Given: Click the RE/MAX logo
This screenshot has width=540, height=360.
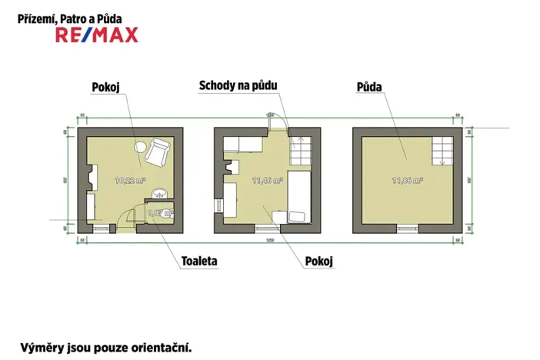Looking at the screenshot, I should click(x=97, y=34).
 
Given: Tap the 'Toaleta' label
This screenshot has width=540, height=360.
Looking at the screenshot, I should click(x=199, y=261).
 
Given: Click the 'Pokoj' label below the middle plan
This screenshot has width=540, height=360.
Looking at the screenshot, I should click(x=318, y=261).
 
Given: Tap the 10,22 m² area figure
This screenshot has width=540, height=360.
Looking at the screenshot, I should click(x=128, y=182).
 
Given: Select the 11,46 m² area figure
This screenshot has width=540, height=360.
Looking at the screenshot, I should click(x=268, y=182).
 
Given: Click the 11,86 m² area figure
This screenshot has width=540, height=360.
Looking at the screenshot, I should click(x=407, y=182).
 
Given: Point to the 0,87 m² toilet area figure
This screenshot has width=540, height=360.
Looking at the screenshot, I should click(x=161, y=215).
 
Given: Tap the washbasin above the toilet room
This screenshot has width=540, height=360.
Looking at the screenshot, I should click(x=159, y=193).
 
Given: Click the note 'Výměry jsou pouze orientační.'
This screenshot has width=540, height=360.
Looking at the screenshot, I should click(x=105, y=346).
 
